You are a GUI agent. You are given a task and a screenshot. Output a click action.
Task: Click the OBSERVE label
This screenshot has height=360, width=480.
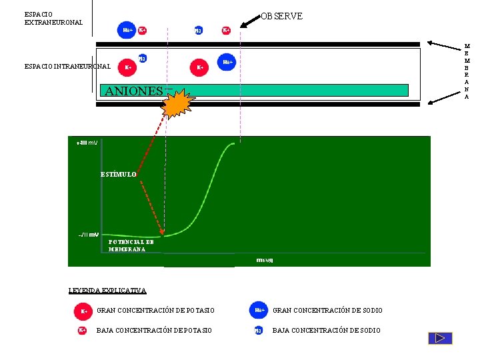[282, 16]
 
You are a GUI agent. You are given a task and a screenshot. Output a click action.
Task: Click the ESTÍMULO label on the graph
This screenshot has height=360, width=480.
[119, 174]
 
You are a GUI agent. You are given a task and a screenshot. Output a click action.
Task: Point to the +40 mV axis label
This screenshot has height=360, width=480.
[87, 143]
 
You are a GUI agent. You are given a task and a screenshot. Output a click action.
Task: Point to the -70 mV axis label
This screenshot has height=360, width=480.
[88, 235]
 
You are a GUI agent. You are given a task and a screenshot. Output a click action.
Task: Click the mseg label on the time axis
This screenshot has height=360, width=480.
[265, 259]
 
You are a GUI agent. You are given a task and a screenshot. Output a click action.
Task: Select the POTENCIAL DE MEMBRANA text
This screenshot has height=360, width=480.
[131, 245]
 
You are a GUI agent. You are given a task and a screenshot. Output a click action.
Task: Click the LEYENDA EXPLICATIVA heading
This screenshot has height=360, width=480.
[107, 290]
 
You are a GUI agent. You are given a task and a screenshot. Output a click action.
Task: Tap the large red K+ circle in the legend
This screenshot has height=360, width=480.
[83, 311]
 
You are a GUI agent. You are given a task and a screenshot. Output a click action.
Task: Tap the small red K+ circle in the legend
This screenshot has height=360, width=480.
[83, 330]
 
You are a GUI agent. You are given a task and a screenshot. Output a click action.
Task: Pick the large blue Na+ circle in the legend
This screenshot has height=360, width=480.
[259, 310]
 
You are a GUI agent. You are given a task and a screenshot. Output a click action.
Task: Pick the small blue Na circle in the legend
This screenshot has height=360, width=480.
[258, 331]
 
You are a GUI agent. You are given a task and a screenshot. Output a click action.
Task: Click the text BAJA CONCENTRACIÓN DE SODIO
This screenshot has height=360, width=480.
[326, 331]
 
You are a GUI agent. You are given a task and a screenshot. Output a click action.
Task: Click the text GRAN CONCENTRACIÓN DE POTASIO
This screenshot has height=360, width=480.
[155, 311]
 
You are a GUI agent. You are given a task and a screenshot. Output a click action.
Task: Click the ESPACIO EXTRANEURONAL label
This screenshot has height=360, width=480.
[53, 18]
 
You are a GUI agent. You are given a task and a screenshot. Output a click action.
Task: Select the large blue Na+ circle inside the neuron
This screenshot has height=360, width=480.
[227, 62]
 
